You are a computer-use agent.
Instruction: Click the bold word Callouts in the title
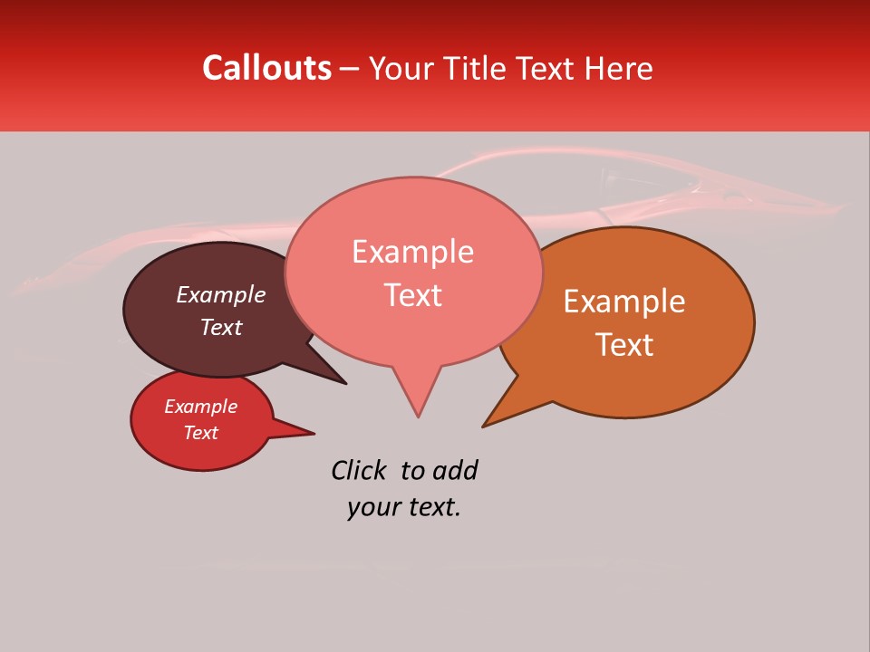266,68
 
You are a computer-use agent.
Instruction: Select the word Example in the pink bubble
412,252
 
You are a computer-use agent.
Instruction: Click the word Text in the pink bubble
412,295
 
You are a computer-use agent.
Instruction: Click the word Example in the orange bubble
624,302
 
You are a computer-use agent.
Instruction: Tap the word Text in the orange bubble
624,345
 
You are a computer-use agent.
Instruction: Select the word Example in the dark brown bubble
220,294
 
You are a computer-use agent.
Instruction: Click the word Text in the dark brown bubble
221,327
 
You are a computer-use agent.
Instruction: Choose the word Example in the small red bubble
200,407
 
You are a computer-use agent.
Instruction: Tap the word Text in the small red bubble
200,433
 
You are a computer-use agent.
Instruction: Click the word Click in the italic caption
359,470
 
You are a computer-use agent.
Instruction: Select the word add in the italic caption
455,470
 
